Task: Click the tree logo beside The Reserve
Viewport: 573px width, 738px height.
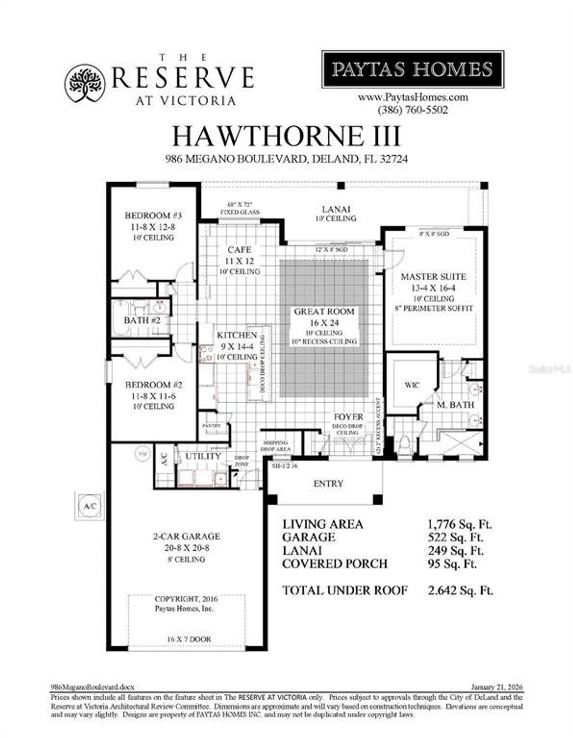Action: tap(86, 83)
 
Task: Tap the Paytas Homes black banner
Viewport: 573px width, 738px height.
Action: tap(413, 69)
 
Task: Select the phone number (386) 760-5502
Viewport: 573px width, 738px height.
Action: tap(413, 110)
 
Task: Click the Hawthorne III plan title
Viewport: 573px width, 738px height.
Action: tap(286, 136)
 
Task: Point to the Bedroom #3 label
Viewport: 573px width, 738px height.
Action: tap(153, 215)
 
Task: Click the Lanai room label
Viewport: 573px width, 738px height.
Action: tap(336, 209)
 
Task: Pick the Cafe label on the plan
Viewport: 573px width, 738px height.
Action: tap(239, 249)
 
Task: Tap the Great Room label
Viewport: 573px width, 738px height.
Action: tap(324, 311)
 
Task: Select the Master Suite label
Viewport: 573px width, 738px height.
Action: tap(433, 277)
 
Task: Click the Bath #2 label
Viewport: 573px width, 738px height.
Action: tap(142, 320)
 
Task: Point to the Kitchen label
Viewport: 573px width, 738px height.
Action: tap(237, 335)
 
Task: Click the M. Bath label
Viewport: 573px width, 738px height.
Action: tap(455, 405)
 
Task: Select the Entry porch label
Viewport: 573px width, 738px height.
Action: tap(328, 483)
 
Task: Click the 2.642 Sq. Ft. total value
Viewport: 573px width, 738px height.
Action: tap(460, 590)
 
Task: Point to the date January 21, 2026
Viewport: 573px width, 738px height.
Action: tap(497, 687)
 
